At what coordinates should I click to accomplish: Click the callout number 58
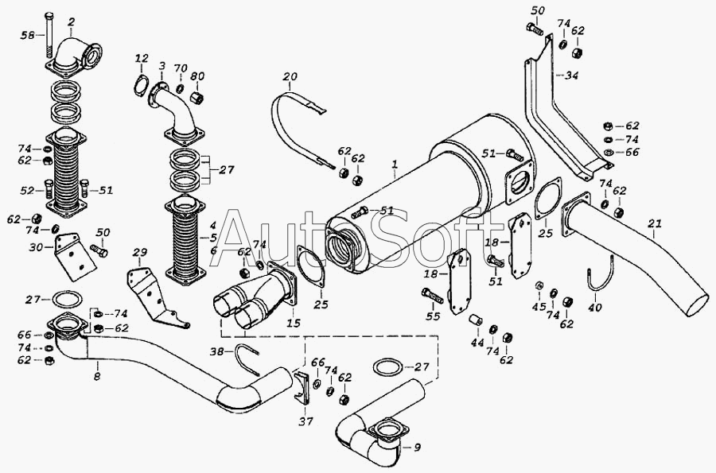click(x=28, y=35)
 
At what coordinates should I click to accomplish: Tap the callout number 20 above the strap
click(x=290, y=76)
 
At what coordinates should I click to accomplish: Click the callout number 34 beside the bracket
click(x=571, y=75)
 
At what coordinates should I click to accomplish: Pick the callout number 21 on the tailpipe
click(x=655, y=223)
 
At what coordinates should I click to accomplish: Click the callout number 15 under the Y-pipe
click(x=293, y=323)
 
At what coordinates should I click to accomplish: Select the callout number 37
click(x=305, y=421)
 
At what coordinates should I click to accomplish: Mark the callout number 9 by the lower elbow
click(x=417, y=448)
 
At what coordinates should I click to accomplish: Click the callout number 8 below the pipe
click(x=97, y=377)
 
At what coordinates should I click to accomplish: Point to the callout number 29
click(x=140, y=253)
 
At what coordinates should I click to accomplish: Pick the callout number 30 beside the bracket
click(x=35, y=247)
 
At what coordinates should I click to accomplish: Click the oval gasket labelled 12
click(x=141, y=87)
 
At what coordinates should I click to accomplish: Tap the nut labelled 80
click(x=197, y=97)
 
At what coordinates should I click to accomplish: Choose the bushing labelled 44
click(x=476, y=320)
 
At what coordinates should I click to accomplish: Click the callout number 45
click(x=539, y=306)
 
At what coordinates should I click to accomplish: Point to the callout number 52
click(x=28, y=190)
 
